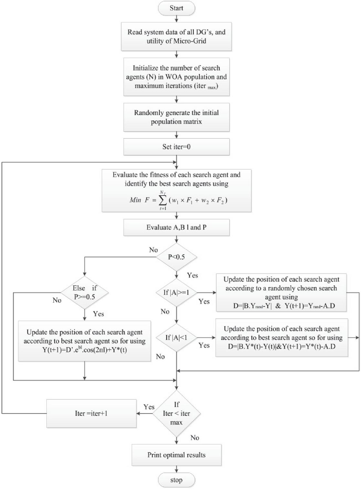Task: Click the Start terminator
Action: click(x=176, y=8)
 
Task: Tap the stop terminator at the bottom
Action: click(x=176, y=480)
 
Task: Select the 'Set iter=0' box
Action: click(x=176, y=147)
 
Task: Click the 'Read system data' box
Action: click(x=176, y=37)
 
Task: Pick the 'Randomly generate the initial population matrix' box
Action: click(x=176, y=117)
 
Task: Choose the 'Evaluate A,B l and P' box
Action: click(x=176, y=227)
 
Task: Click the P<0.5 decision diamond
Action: click(x=176, y=257)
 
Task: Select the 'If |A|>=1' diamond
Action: click(x=176, y=293)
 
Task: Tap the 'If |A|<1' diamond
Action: click(x=176, y=338)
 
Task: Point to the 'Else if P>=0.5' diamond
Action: click(x=84, y=293)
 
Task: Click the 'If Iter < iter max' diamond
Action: click(x=176, y=413)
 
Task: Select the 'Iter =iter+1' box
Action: click(x=91, y=413)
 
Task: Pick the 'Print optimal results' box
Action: click(x=176, y=455)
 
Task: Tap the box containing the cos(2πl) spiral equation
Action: click(x=84, y=341)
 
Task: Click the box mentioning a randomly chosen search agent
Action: click(x=281, y=293)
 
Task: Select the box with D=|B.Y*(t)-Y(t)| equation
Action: click(x=281, y=338)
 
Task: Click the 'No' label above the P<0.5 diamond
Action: click(x=154, y=250)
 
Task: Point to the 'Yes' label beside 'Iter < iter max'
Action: click(x=149, y=407)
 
